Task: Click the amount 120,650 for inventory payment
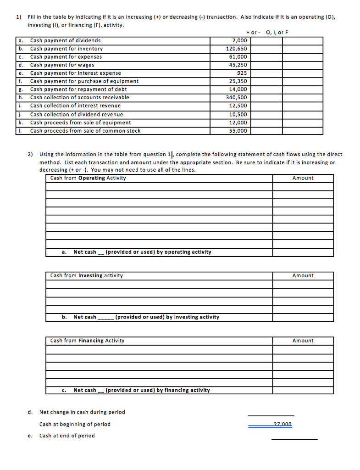(x=237, y=49)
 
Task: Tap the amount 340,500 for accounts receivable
(x=237, y=97)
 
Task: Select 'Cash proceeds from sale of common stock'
(x=85, y=131)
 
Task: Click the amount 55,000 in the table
(x=238, y=131)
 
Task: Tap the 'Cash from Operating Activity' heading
(x=88, y=178)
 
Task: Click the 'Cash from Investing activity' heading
(x=87, y=275)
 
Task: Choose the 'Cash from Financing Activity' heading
(x=87, y=341)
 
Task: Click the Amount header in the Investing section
(x=303, y=275)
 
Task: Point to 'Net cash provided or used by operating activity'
(x=142, y=252)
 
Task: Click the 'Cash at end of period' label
(x=67, y=436)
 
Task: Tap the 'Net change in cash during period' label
(x=82, y=412)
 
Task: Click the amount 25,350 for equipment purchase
(x=238, y=81)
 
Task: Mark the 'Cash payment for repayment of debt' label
(x=78, y=90)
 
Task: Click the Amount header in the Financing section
(x=303, y=341)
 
